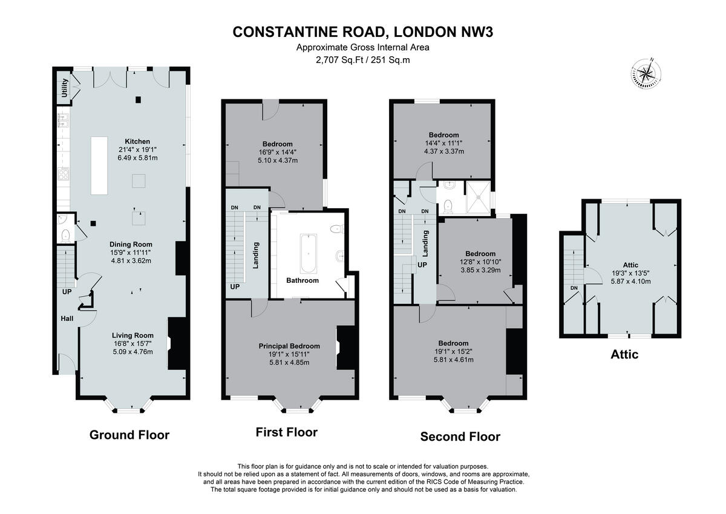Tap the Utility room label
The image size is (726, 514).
pyautogui.click(x=64, y=88)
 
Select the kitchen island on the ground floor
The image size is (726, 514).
pyautogui.click(x=99, y=165)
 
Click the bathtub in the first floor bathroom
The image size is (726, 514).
pyautogui.click(x=308, y=253)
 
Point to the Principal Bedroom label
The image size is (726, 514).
pyautogui.click(x=289, y=346)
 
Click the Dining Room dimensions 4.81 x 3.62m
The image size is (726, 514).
pyautogui.click(x=130, y=261)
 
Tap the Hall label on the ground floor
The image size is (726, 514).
pyautogui.click(x=67, y=318)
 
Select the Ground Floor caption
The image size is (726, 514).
pyautogui.click(x=129, y=435)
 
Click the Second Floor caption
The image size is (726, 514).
pyautogui.click(x=460, y=437)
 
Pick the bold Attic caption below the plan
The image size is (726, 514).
pyautogui.click(x=624, y=354)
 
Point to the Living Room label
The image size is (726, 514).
pyautogui.click(x=132, y=335)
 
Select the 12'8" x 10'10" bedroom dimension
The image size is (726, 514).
pyautogui.click(x=481, y=262)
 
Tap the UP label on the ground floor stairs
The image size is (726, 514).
pyautogui.click(x=67, y=291)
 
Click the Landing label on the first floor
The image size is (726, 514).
pyautogui.click(x=256, y=255)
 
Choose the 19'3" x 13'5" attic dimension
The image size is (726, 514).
pyautogui.click(x=630, y=273)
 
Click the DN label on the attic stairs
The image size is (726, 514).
pyautogui.click(x=574, y=288)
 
